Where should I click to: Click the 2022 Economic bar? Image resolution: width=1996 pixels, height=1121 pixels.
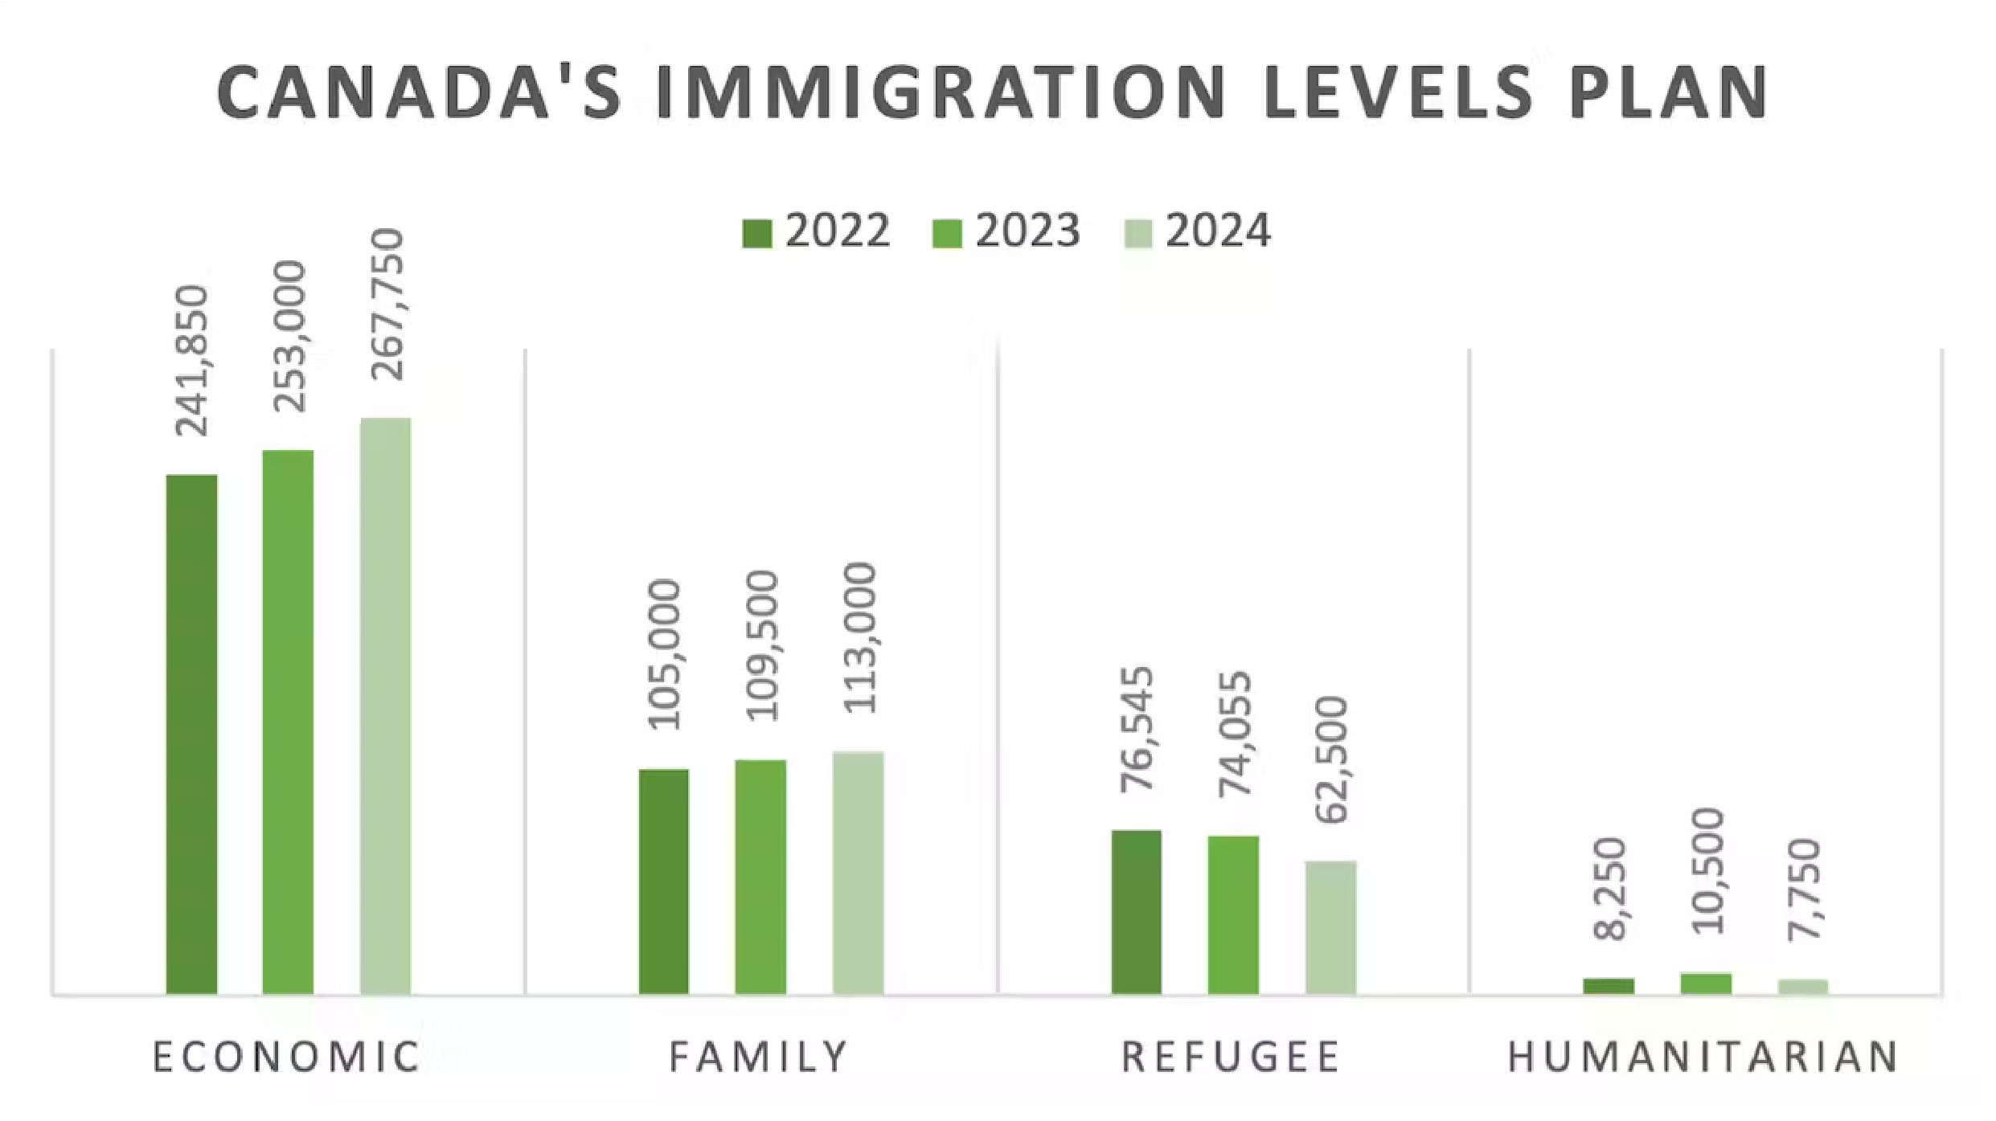pyautogui.click(x=191, y=734)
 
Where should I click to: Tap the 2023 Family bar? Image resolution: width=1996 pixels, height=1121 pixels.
pyautogui.click(x=760, y=877)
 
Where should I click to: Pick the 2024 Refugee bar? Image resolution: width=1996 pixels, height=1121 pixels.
pyautogui.click(x=1330, y=927)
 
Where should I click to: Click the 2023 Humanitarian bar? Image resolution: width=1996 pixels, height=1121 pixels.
pyautogui.click(x=1706, y=984)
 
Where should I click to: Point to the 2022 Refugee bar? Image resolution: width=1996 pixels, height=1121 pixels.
pyautogui.click(x=1136, y=912)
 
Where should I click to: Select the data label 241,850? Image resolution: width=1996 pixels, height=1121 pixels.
pyautogui.click(x=193, y=361)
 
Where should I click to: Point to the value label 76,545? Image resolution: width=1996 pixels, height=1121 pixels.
pyautogui.click(x=1137, y=729)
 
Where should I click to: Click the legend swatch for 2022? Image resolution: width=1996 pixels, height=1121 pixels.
pyautogui.click(x=756, y=234)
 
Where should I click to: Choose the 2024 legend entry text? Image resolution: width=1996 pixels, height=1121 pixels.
pyautogui.click(x=1218, y=231)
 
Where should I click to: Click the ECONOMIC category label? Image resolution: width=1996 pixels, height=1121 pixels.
pyautogui.click(x=287, y=1057)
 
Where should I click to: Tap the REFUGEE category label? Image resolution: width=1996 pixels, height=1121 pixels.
pyautogui.click(x=1231, y=1057)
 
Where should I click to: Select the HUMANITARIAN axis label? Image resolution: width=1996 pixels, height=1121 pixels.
pyautogui.click(x=1703, y=1057)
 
